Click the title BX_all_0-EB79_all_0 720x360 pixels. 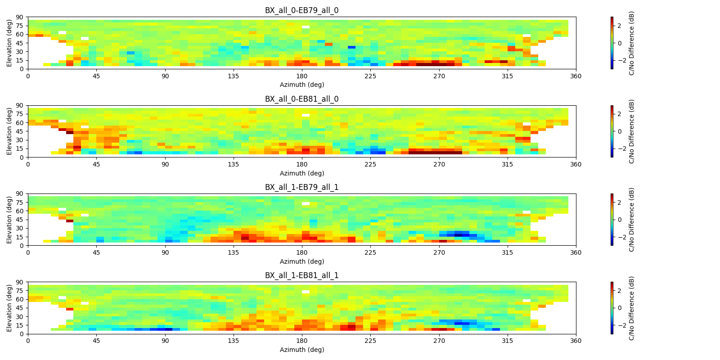point(301,10)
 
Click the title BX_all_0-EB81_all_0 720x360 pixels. point(301,99)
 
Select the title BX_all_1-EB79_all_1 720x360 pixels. point(301,187)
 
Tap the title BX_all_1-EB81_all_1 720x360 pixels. point(301,275)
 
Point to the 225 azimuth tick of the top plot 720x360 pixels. point(370,76)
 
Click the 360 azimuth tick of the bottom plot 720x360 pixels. point(576,341)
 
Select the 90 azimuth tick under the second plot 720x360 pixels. point(165,164)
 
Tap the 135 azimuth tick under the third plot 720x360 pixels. point(234,252)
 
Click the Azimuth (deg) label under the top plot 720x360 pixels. point(301,85)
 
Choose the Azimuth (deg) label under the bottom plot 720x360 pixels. point(301,350)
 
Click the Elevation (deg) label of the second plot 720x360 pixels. point(9,131)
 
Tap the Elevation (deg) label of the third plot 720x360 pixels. point(9,220)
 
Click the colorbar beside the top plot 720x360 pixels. point(612,43)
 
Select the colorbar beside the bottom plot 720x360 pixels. point(612,308)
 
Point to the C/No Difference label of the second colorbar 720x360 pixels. point(631,131)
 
